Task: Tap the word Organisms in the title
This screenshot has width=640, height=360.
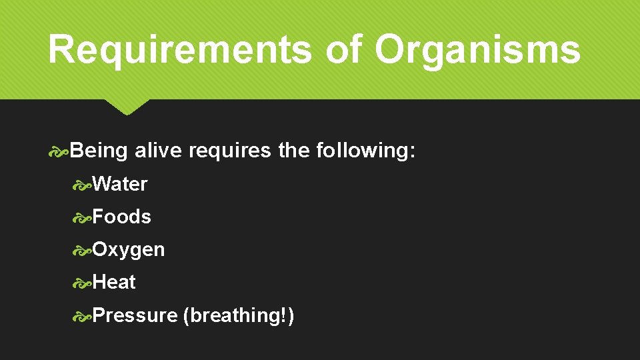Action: (477, 49)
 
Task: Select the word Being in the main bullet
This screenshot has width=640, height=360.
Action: (99, 151)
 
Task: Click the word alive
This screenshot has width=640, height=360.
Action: (158, 151)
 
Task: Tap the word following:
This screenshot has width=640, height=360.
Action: (366, 151)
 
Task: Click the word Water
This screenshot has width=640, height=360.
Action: (120, 184)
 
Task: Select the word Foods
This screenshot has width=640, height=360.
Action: (122, 217)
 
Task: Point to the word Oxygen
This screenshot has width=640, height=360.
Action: (129, 250)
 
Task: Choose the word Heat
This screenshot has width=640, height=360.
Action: (114, 282)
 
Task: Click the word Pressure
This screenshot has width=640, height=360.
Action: (135, 315)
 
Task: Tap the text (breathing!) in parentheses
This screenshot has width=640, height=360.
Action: (238, 315)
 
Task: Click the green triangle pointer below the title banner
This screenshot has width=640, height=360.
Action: (127, 107)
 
